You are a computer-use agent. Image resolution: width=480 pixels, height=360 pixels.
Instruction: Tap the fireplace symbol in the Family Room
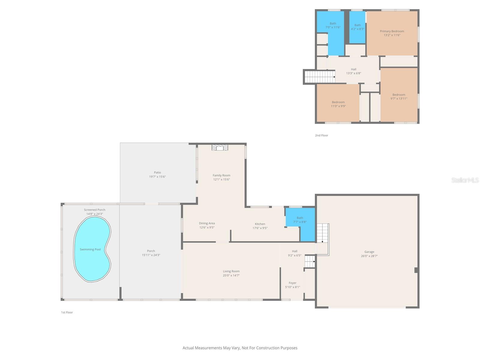click(220, 148)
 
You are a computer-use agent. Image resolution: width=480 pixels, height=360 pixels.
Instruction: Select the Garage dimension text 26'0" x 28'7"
click(369, 256)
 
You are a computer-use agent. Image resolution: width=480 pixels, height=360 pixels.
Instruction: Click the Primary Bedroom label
click(392, 31)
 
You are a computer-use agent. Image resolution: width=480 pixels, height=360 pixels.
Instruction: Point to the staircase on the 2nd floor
click(319, 77)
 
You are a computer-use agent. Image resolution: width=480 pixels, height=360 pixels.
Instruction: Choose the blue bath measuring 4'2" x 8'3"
click(357, 27)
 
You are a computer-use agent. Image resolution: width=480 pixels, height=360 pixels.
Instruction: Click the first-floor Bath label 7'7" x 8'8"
click(300, 220)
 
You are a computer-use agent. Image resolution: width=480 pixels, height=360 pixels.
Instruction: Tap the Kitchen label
click(260, 224)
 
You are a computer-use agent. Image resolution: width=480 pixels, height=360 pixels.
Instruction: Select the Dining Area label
click(207, 223)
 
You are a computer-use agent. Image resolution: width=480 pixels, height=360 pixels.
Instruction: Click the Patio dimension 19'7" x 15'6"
click(157, 177)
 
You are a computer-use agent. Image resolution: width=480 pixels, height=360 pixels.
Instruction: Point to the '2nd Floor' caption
click(321, 135)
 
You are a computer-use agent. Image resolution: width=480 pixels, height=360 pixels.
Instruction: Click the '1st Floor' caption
click(67, 312)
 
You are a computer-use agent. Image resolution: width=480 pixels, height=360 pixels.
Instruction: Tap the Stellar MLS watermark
click(465, 180)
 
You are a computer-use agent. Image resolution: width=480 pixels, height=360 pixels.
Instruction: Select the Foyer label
click(292, 283)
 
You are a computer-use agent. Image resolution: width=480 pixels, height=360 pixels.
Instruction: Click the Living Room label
click(231, 271)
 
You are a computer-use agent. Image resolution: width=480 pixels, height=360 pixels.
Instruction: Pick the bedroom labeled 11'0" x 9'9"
click(338, 104)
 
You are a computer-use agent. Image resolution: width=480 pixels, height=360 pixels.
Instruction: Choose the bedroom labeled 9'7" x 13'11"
click(399, 96)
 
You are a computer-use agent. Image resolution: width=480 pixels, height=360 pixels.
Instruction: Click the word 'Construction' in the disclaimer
click(269, 348)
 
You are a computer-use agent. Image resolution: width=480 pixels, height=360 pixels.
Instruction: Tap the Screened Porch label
click(94, 210)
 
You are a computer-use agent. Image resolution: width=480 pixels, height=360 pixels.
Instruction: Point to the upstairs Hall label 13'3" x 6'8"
click(354, 71)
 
